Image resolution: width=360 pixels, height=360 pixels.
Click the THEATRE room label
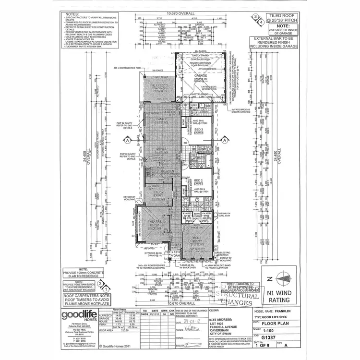(x=154, y=221)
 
